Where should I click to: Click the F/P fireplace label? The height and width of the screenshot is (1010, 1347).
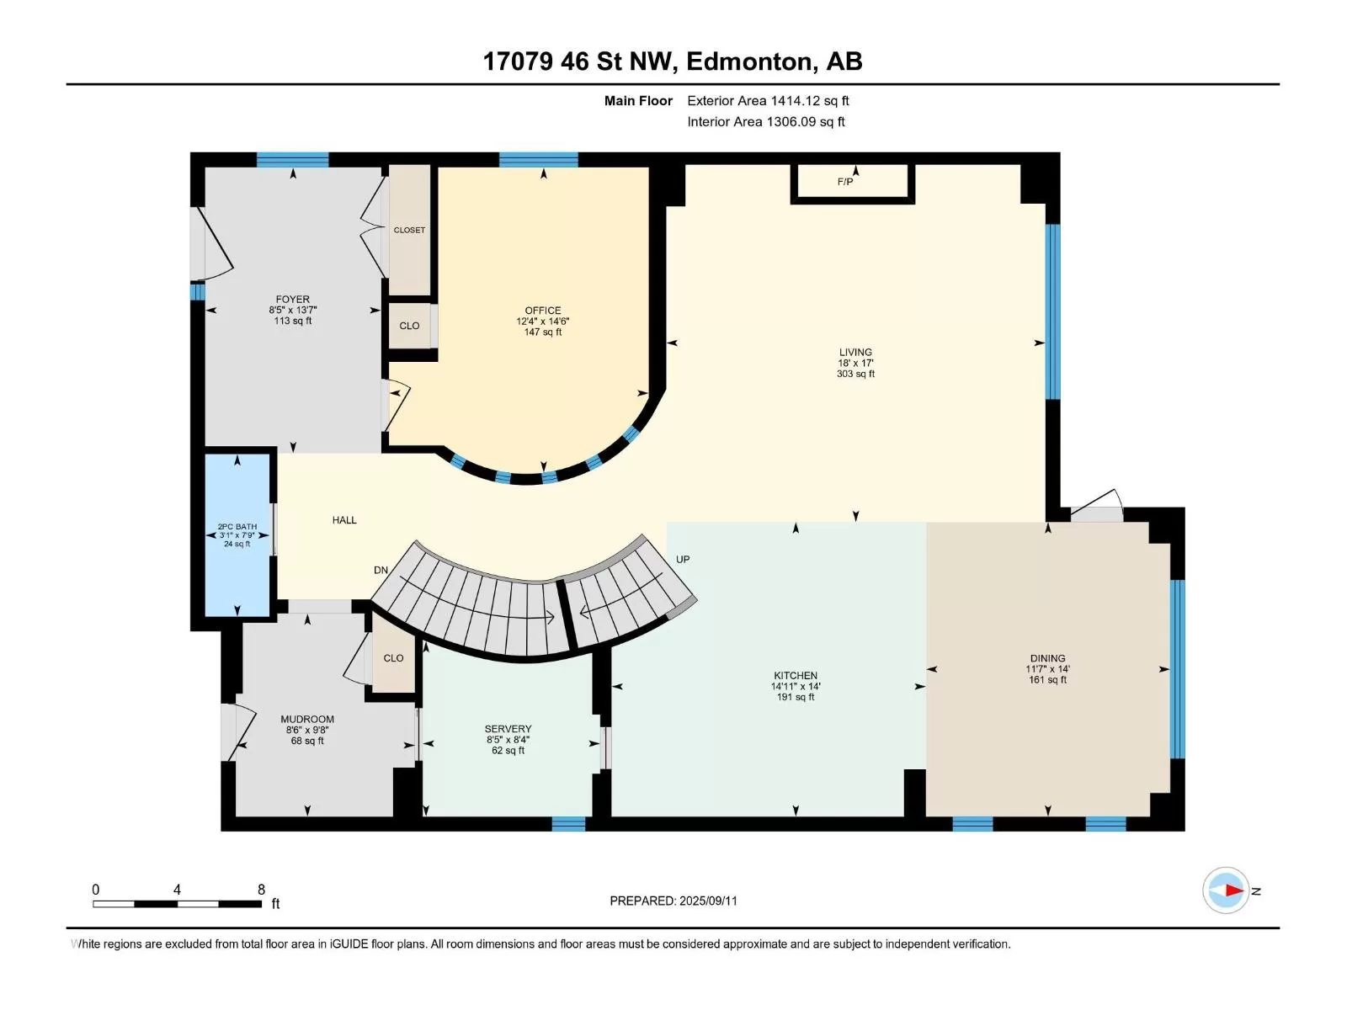[845, 182]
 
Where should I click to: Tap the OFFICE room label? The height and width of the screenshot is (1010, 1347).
[542, 311]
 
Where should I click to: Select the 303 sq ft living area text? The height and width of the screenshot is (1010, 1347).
[855, 374]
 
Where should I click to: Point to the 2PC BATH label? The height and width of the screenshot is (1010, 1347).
[237, 526]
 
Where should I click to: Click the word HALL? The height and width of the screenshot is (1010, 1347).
[344, 520]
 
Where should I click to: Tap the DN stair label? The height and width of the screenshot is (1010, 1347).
[381, 570]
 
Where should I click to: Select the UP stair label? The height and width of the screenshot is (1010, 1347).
[683, 559]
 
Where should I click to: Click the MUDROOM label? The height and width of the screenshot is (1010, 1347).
[307, 720]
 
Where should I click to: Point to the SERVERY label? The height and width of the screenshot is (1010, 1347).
[508, 729]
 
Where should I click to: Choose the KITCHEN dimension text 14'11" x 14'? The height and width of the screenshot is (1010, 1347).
[796, 686]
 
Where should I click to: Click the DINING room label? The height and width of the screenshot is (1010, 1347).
[1048, 658]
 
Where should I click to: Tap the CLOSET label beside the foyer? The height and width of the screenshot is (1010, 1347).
[409, 230]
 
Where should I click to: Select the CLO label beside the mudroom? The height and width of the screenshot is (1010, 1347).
[393, 658]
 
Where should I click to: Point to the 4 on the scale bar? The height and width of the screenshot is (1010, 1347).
[177, 889]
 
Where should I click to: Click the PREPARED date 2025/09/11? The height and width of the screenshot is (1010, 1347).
[707, 901]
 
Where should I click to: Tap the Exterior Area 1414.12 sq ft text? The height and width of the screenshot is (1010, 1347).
[768, 100]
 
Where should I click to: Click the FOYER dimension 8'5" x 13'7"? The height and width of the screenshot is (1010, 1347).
[293, 311]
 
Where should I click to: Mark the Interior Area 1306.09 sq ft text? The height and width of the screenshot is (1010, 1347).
[766, 121]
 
